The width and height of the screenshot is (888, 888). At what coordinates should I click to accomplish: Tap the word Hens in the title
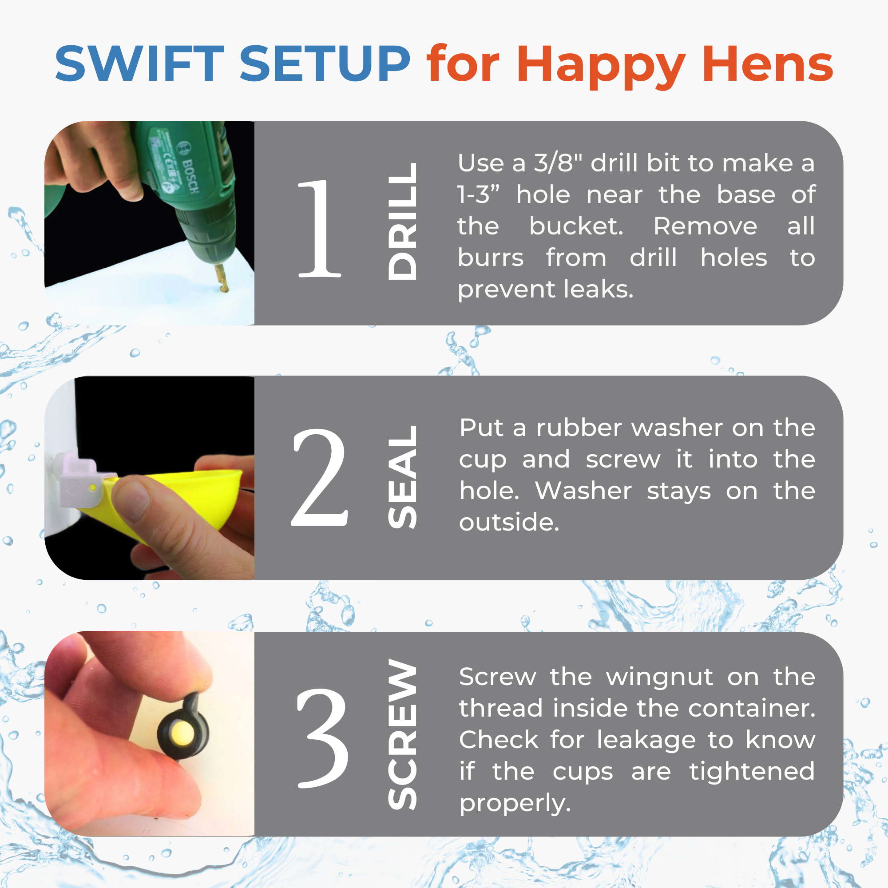pos(767,64)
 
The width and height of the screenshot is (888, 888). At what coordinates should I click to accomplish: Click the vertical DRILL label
pos(403,221)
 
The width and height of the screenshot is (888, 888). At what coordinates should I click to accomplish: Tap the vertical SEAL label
pos(403,476)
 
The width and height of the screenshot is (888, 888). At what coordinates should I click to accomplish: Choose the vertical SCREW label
pos(403,734)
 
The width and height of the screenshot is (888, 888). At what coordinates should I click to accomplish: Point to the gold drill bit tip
pos(225,289)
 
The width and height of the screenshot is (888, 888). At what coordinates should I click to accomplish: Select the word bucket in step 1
pos(576,226)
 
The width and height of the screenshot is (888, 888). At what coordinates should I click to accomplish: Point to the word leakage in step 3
pos(648,740)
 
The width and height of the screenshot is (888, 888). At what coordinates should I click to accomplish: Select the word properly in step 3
pos(515,804)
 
